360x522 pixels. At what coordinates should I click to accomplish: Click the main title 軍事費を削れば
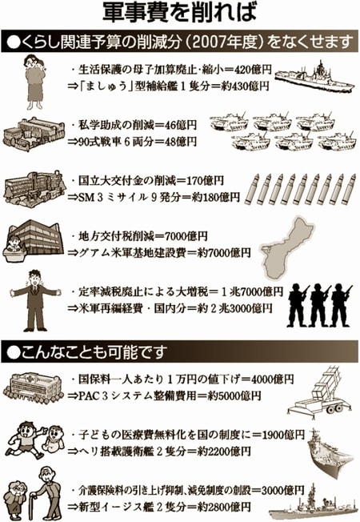(180, 14)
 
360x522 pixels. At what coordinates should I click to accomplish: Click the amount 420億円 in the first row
(253, 70)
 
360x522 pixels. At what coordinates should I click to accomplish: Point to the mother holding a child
(35, 82)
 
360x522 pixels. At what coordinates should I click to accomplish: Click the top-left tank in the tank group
(230, 122)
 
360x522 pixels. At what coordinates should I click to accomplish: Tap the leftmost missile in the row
(250, 189)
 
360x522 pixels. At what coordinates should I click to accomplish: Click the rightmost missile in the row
(349, 189)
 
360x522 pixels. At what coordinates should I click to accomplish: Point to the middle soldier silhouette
(319, 305)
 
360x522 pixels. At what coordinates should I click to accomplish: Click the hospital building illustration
(34, 387)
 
